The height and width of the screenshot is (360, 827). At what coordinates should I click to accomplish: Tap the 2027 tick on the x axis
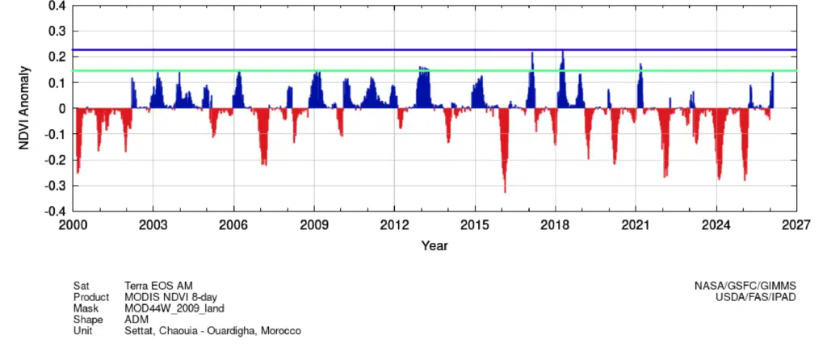point(796,225)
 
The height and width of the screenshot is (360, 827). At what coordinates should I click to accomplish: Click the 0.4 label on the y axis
point(57,6)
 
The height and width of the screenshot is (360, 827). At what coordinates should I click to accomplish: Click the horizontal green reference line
point(323,71)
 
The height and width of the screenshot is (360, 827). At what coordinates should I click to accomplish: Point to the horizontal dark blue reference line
point(323,50)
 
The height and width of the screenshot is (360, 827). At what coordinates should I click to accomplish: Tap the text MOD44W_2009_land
point(174,308)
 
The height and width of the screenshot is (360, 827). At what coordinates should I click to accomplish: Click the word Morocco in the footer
point(283,330)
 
